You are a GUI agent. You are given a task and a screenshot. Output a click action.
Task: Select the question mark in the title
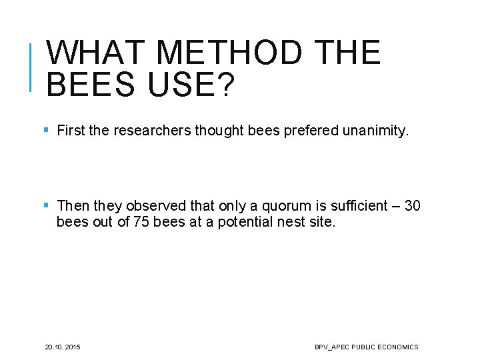225,85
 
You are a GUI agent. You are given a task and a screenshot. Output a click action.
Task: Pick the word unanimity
375,131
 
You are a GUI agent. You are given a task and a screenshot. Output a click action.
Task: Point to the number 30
412,206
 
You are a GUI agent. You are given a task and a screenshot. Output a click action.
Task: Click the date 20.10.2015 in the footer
63,347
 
